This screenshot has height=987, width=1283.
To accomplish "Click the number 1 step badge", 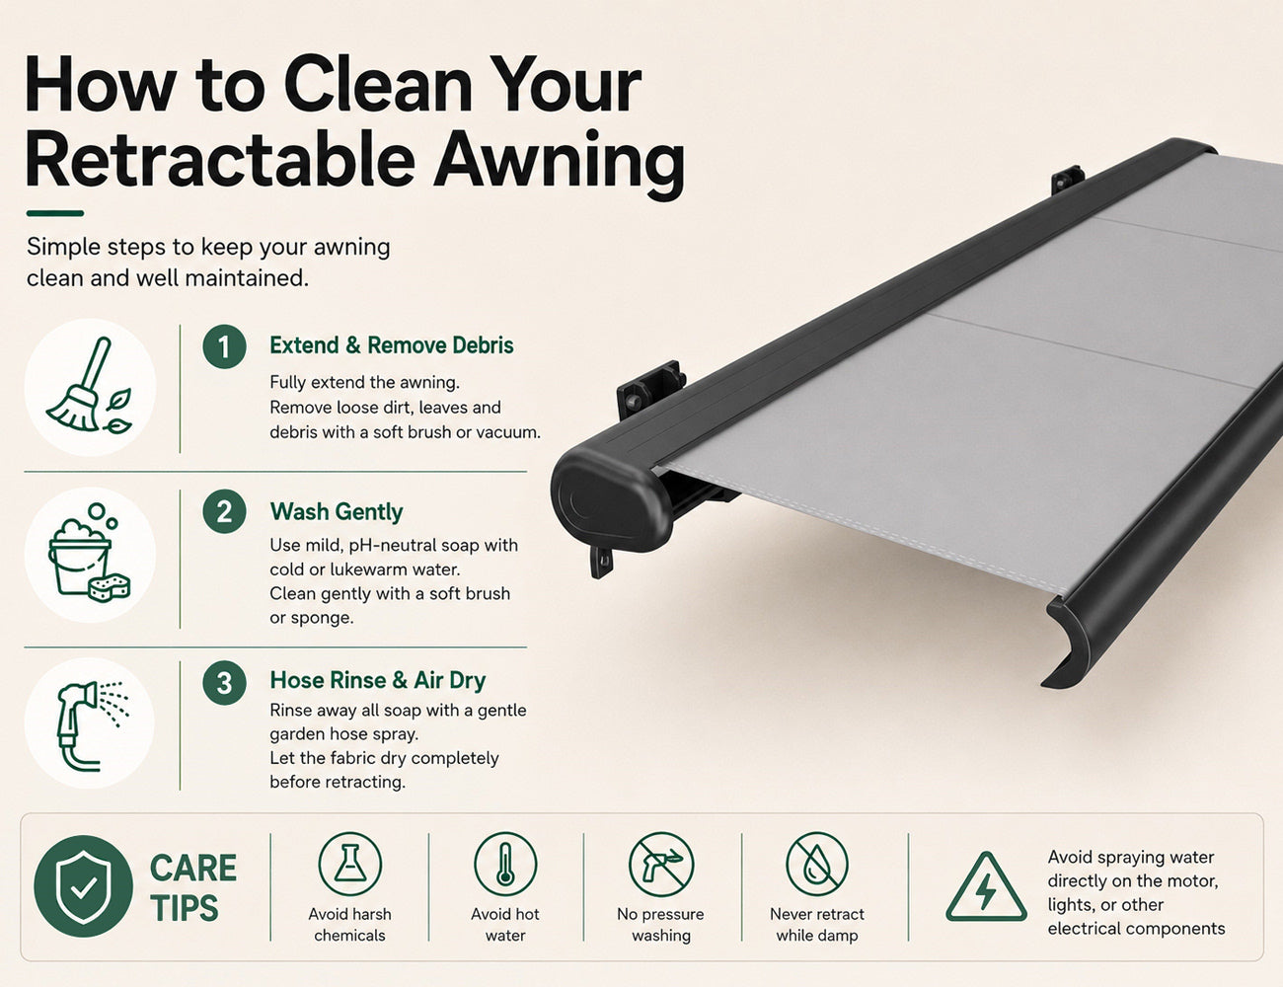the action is point(224,346).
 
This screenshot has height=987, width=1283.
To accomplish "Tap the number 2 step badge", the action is point(224,511).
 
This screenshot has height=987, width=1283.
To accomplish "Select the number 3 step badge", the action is point(224,682).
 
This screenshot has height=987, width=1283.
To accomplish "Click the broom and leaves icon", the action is point(90,387).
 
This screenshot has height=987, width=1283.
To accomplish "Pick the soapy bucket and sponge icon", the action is point(90,553).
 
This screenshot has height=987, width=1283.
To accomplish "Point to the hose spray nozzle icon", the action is point(90,724).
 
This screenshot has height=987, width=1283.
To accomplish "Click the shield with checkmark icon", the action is point(83,886).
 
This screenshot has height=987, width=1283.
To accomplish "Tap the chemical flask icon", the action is point(350,865).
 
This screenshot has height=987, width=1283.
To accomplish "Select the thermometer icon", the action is point(505,865).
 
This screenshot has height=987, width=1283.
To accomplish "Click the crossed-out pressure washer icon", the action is point(661,865).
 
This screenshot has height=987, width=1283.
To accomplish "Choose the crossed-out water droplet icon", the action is point(817,865).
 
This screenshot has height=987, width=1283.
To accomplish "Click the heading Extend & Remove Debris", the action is point(392,345).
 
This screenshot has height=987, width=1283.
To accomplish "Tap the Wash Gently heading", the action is point(337,512).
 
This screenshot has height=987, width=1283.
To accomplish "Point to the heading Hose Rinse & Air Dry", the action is point(378,680).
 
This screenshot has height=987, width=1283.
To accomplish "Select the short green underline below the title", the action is point(55,213).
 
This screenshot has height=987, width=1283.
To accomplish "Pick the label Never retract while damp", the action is point(817,925).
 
